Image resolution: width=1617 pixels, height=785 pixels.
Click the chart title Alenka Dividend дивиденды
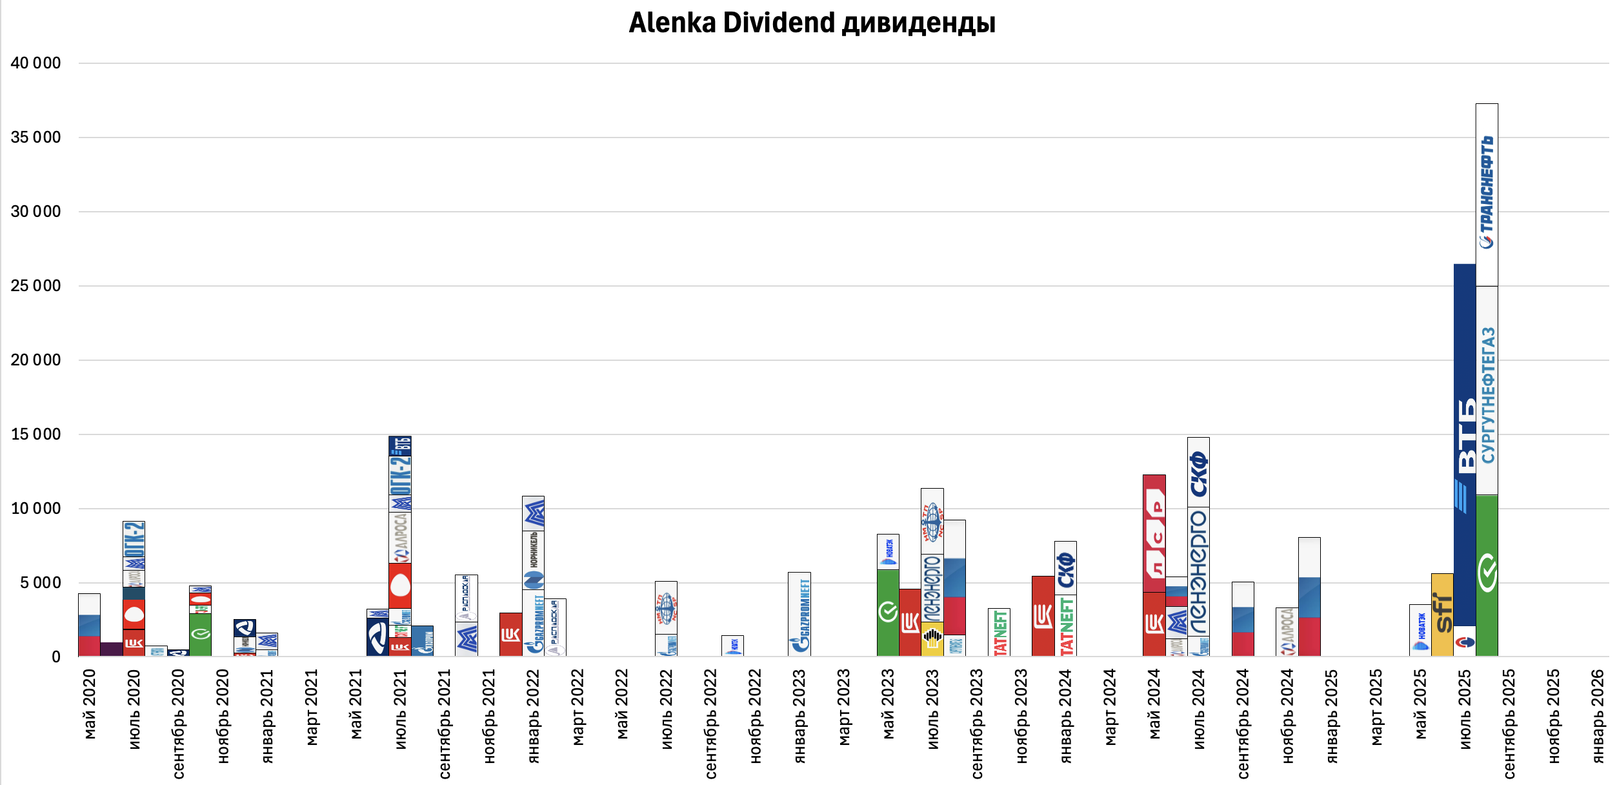pos(812,23)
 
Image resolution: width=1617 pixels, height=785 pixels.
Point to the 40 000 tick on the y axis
pos(35,63)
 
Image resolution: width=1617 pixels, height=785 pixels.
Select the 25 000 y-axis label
pos(35,286)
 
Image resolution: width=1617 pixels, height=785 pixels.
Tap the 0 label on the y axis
pos(56,657)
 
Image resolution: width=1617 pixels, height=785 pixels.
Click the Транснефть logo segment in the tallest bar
pos(1487,194)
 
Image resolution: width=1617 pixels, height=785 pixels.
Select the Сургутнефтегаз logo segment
pos(1487,391)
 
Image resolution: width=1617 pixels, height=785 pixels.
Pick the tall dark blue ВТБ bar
pos(1465,445)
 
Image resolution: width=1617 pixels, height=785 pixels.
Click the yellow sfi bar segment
pos(1442,614)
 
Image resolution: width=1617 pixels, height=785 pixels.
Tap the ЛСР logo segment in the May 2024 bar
pos(1154,533)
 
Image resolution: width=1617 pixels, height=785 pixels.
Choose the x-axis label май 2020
pos(90,704)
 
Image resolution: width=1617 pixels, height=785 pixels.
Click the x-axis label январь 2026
pos(1598,715)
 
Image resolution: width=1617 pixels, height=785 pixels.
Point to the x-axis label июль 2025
pos(1465,709)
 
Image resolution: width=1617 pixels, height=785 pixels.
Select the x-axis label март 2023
pos(844,707)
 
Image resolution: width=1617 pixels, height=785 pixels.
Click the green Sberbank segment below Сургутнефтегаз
pos(1487,575)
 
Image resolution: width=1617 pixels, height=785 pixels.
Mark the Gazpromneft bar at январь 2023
pos(799,614)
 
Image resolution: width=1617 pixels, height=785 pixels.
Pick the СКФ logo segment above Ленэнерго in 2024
pos(1198,472)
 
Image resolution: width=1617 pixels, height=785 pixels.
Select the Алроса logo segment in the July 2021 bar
pos(400,537)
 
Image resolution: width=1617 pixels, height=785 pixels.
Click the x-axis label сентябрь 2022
pos(710,723)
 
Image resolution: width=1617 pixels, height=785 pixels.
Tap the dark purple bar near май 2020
pos(112,649)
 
